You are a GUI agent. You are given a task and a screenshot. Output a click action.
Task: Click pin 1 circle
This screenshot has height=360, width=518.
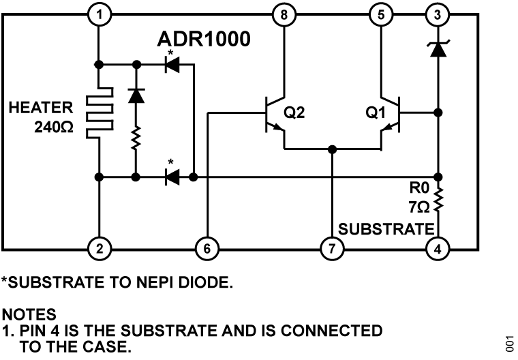(x=100, y=14)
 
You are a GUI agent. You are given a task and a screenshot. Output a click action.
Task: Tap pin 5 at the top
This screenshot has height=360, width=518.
(x=380, y=14)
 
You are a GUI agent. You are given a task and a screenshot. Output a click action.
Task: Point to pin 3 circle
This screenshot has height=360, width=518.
(x=437, y=14)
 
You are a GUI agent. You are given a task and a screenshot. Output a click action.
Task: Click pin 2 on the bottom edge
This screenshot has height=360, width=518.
(x=100, y=249)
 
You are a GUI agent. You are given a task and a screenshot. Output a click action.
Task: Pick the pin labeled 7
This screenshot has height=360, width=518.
(x=332, y=249)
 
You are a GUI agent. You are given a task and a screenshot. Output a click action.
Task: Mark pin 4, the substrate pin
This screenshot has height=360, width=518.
(x=437, y=249)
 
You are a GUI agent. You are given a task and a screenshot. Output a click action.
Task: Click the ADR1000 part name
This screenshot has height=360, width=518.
(x=204, y=40)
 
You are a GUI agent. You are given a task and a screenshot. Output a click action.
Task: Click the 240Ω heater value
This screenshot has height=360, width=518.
(x=52, y=127)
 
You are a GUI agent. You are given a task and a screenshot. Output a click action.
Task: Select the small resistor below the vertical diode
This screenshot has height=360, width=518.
(x=136, y=140)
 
